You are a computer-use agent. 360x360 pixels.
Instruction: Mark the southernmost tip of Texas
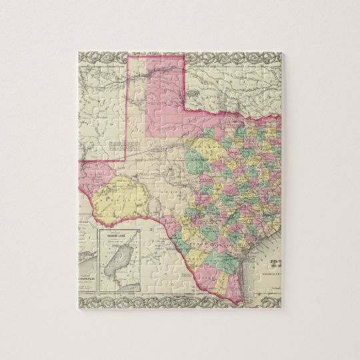coord(236,303)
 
